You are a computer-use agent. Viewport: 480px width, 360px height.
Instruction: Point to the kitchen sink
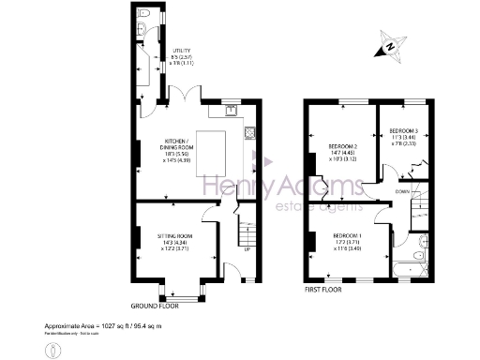pos(229,111)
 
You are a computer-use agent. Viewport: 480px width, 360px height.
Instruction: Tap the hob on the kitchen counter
pos(250,132)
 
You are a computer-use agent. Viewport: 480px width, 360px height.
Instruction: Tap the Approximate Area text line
pos(104,326)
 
